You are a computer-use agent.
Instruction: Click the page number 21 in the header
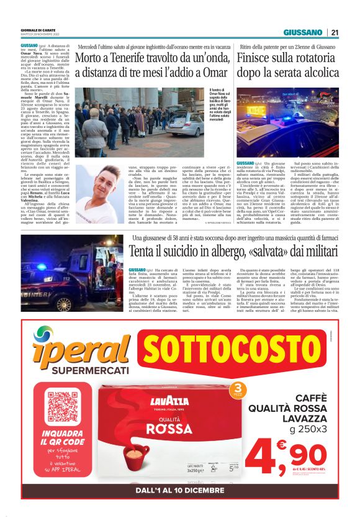coord(335,33)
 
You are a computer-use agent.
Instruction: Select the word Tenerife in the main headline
coord(133,59)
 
